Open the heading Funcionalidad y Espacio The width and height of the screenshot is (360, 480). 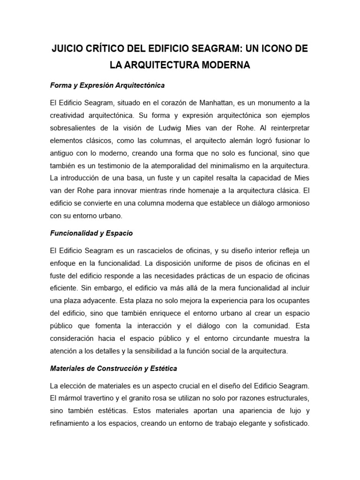[91, 233]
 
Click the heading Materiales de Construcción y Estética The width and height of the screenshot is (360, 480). [113, 368]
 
